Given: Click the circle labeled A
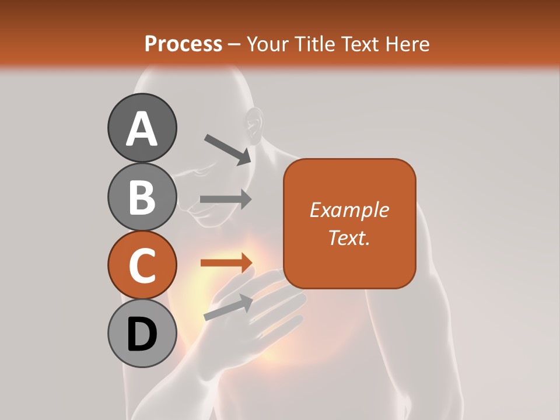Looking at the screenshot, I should [142, 128].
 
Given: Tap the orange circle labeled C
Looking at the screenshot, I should [142, 265].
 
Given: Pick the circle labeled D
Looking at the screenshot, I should [142, 334].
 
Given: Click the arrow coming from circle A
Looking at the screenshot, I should [228, 149].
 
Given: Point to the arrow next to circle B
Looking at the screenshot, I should [226, 199].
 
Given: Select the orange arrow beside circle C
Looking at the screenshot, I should [226, 262].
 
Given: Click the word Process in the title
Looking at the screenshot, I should [183, 44].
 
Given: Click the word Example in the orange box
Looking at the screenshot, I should [349, 210].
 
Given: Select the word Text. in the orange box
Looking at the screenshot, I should [349, 237].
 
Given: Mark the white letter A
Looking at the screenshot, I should [142, 129].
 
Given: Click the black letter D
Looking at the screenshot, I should [142, 335].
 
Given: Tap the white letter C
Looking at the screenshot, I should [142, 266].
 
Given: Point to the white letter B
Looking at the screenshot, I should [142, 197].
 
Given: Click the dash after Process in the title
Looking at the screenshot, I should [235, 45].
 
